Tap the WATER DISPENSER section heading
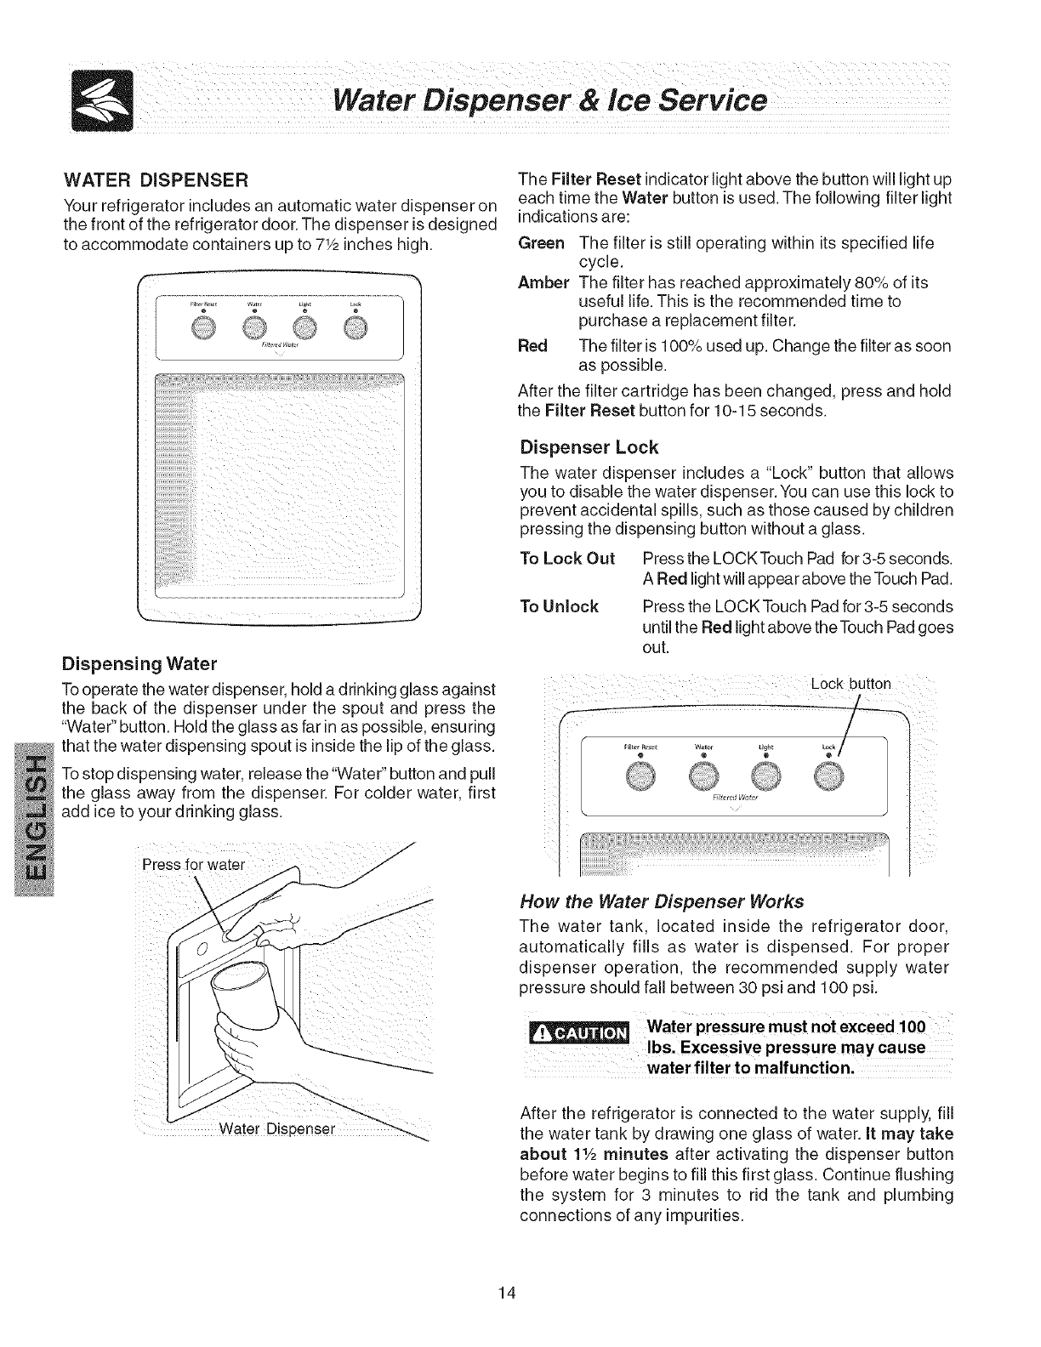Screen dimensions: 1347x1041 pyautogui.click(x=151, y=180)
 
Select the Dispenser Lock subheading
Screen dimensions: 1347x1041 pyautogui.click(x=589, y=447)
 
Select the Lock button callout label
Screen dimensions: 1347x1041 pyautogui.click(x=850, y=684)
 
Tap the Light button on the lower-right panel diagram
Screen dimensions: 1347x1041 pyautogui.click(x=765, y=775)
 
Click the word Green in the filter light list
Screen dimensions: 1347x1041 pyautogui.click(x=541, y=244)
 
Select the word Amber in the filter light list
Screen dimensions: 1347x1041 pyautogui.click(x=543, y=283)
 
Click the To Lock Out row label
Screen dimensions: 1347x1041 pyautogui.click(x=566, y=559)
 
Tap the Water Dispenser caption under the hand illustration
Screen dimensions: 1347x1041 pyautogui.click(x=278, y=1129)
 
